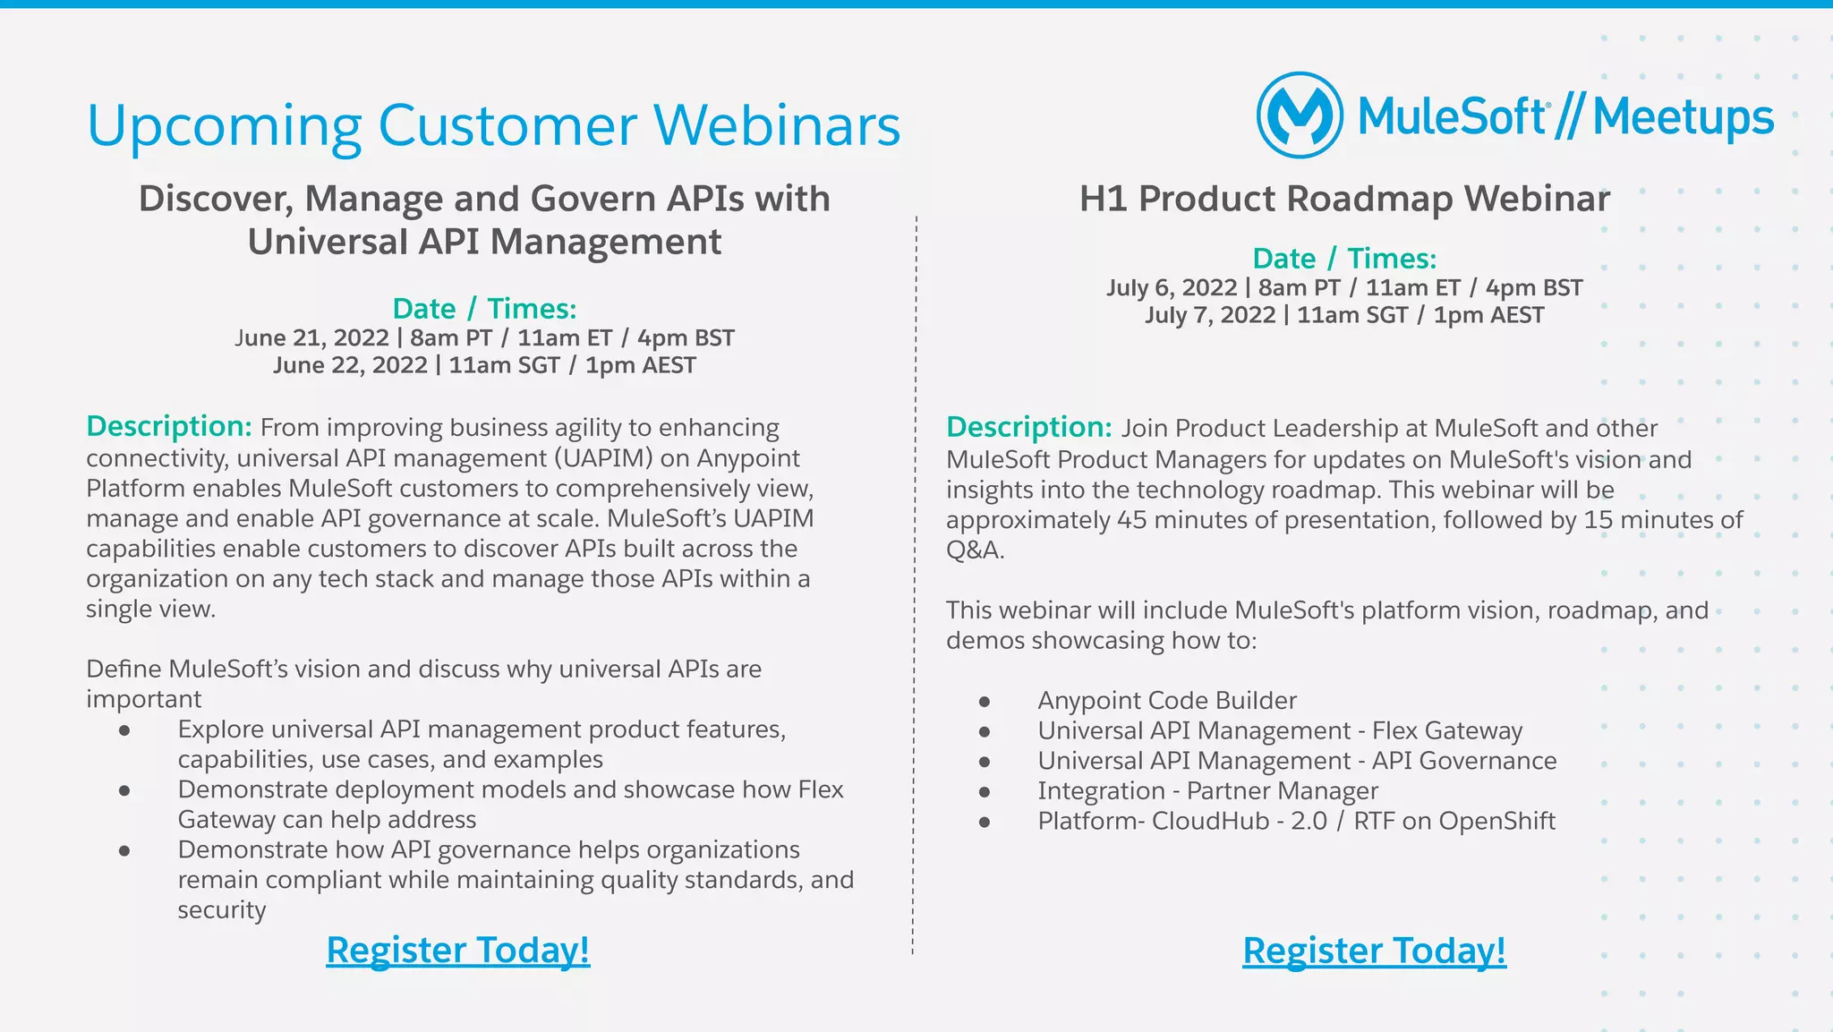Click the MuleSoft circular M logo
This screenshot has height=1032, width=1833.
pos(1300,115)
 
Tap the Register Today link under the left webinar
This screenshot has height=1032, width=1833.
pos(457,950)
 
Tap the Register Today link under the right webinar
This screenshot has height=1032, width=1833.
pos(1374,951)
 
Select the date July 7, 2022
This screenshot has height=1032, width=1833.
pos(1210,315)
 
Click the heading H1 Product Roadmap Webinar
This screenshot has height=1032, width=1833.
pos(1344,199)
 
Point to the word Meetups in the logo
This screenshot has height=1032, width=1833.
pos(1683,117)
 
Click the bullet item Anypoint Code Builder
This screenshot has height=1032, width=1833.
pos(1166,701)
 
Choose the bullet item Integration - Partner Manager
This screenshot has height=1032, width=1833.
pos(1207,791)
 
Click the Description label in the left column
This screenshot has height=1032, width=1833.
pos(168,426)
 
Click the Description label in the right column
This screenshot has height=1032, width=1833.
pos(1028,427)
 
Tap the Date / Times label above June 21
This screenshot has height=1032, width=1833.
pos(484,309)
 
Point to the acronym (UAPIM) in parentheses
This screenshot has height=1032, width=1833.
pos(603,458)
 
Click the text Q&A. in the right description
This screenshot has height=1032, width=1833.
pos(975,550)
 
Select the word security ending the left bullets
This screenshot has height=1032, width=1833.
pos(222,910)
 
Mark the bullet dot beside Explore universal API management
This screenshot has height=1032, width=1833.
pos(124,730)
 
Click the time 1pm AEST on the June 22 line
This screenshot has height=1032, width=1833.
pos(640,365)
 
